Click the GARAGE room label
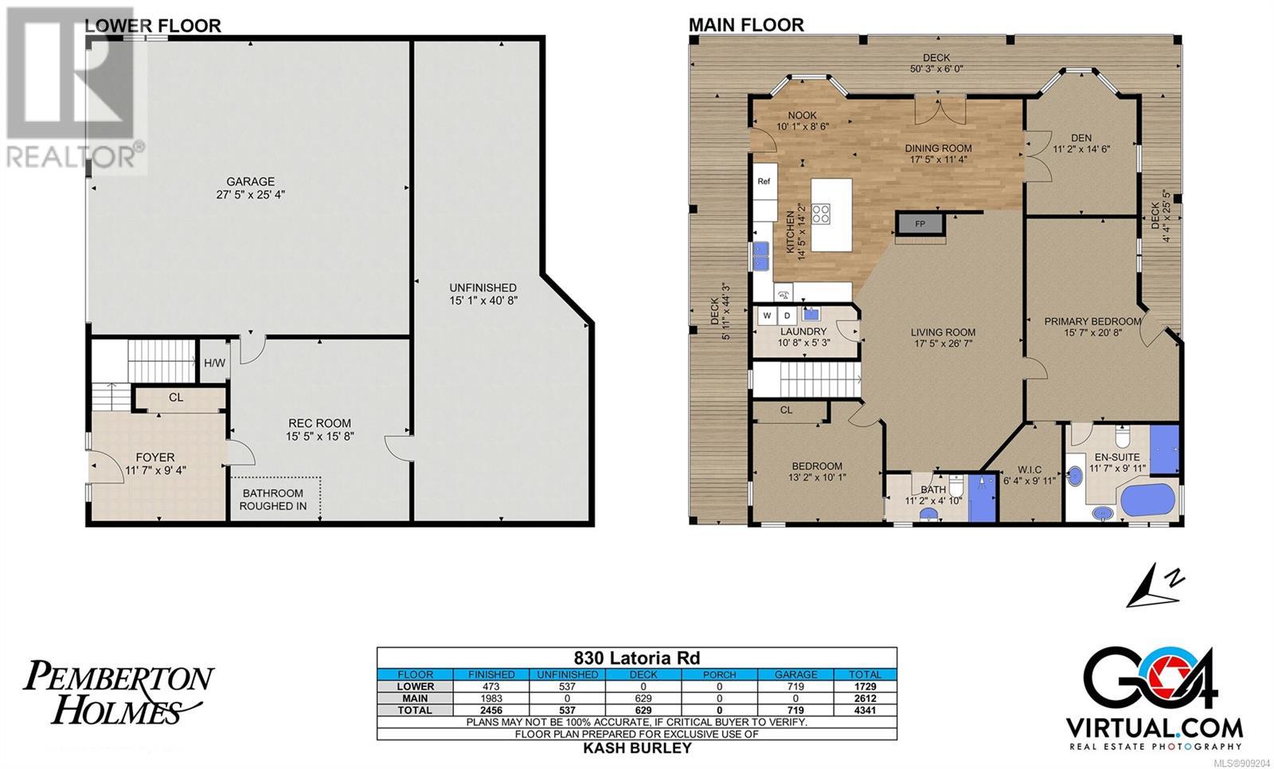tap(250, 182)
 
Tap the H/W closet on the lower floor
tap(214, 362)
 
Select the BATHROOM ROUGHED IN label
tap(273, 499)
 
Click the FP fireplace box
tap(920, 224)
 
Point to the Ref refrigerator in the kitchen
tap(764, 181)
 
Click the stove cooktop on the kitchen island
tap(821, 214)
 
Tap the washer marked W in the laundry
tap(767, 316)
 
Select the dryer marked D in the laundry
tap(787, 316)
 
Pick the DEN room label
tap(1081, 138)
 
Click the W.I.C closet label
tap(1030, 469)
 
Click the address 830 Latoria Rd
tap(636, 658)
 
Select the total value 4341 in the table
tap(865, 710)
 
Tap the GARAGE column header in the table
tap(795, 674)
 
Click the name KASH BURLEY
tap(637, 748)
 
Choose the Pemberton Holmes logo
tap(119, 692)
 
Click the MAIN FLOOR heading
tap(746, 25)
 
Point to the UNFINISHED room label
tap(483, 288)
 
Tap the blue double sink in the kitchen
tap(760, 256)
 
